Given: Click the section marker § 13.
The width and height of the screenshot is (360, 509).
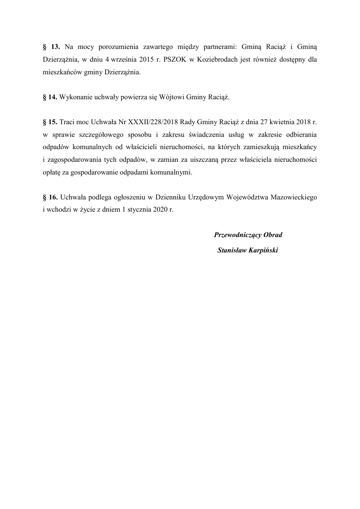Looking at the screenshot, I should coord(51,47).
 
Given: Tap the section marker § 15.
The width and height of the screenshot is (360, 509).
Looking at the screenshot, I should coord(50,122).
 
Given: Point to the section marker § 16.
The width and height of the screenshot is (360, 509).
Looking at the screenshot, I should coord(50,198).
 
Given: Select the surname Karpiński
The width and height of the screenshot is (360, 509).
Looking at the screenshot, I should coord(262,250).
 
